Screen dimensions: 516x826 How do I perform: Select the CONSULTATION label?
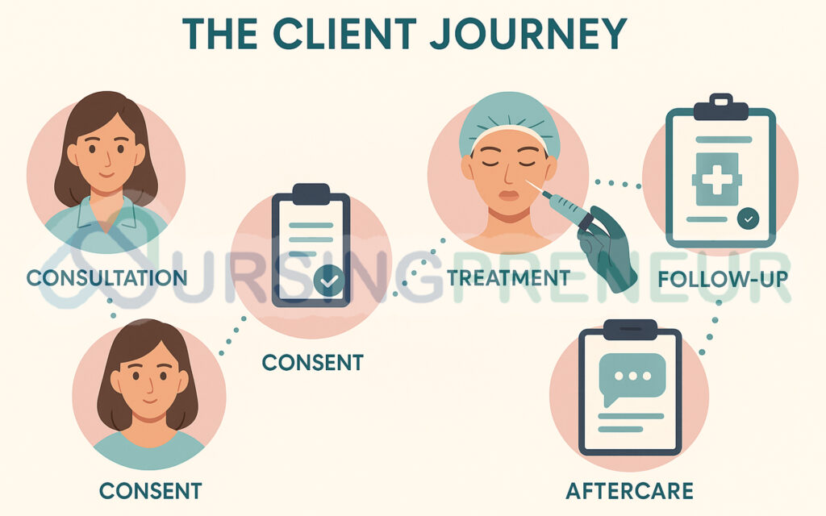[106, 278]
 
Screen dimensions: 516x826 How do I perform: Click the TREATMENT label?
[508, 278]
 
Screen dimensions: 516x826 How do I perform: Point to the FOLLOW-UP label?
[723, 280]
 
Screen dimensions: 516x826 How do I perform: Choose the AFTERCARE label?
[630, 490]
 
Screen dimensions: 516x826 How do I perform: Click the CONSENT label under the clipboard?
[312, 362]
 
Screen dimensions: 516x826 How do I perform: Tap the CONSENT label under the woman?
[150, 489]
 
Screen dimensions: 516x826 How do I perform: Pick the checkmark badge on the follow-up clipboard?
[748, 218]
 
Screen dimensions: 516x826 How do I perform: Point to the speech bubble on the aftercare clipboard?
[632, 377]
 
